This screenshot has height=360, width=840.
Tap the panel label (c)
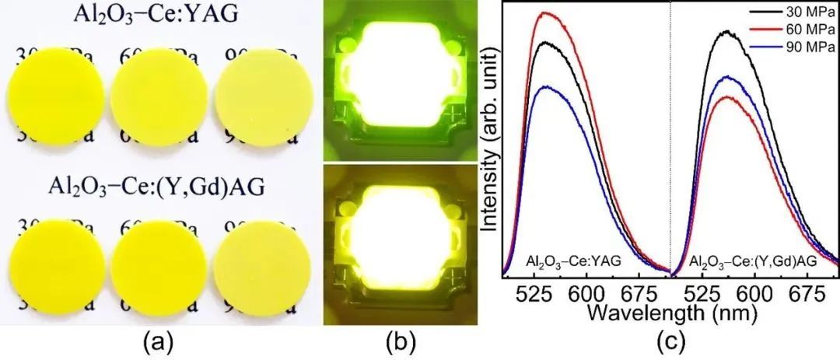[662, 341]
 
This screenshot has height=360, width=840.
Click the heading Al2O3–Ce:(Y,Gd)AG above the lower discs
[152, 189]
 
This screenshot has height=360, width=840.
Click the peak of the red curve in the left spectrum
[549, 13]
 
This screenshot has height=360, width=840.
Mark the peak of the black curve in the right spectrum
[726, 32]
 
